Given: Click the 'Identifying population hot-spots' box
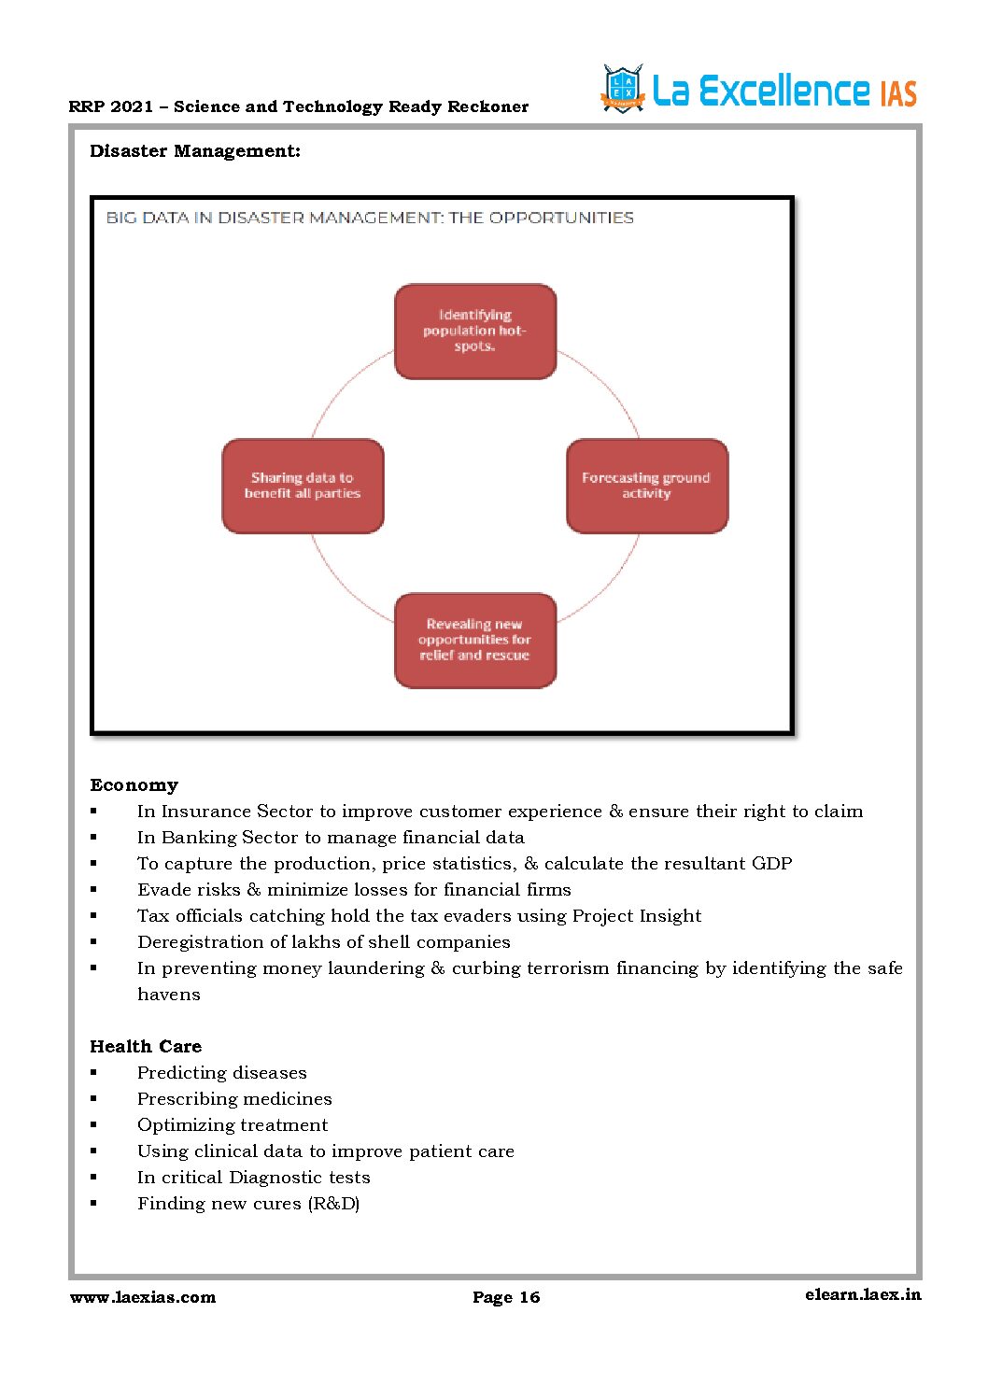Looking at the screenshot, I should [475, 332].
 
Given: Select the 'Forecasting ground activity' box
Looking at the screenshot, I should [647, 486].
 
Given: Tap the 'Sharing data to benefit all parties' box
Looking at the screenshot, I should [303, 486].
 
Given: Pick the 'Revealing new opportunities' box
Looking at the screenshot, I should [475, 640].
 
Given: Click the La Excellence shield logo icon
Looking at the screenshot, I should [623, 90].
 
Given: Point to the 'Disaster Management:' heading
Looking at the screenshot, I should [195, 151].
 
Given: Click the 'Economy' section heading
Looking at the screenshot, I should [134, 785].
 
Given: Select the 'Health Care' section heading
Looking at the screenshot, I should [146, 1047].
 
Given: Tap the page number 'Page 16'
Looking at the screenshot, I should [506, 1297].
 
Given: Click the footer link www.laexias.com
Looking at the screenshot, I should [143, 1297].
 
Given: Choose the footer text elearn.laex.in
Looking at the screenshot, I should [863, 1294].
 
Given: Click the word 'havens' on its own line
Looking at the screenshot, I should [169, 995].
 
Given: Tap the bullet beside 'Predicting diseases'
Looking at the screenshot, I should [93, 1073].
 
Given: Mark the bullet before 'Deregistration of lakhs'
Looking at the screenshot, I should [93, 942].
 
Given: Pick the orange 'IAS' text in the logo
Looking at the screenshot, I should [898, 93].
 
